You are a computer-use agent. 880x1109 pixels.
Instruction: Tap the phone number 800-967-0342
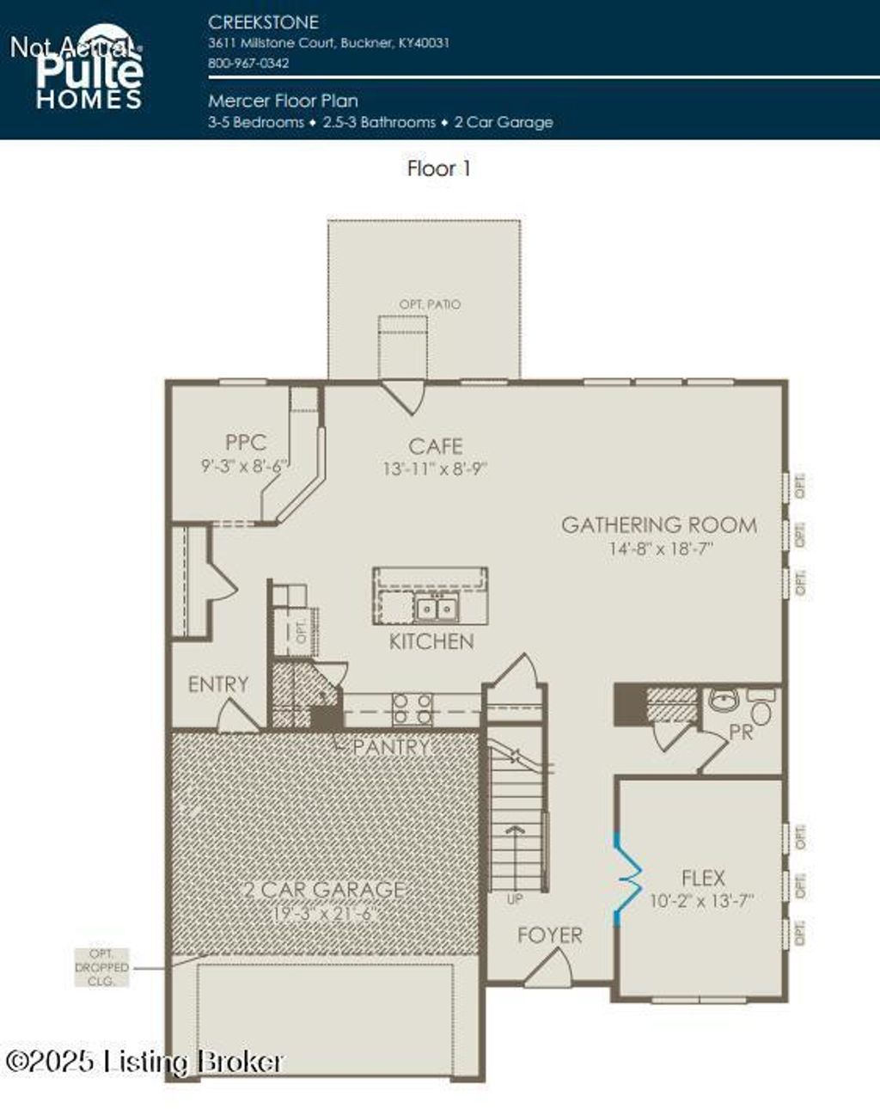coord(247,63)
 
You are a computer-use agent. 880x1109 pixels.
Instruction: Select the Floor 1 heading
coord(438,168)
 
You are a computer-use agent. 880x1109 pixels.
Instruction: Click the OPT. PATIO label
coord(430,304)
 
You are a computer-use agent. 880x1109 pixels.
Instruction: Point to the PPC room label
coord(245,443)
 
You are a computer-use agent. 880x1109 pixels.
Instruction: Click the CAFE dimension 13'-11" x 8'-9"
coord(435,469)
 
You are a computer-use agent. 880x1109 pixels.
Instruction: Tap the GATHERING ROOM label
coord(659,525)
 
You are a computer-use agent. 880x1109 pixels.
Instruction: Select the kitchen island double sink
coord(437,609)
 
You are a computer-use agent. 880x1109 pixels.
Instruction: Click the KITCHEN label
coord(431,641)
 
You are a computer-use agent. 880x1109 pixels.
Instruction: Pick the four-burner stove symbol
coord(412,710)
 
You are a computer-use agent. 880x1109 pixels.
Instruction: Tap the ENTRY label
coord(217,684)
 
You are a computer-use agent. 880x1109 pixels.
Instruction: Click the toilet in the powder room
coord(761,710)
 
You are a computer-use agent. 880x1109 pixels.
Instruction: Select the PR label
coord(741,733)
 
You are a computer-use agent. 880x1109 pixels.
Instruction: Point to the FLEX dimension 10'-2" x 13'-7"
coord(701,901)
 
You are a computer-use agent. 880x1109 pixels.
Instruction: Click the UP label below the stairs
coord(515,899)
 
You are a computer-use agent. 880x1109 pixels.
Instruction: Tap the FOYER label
coord(549,935)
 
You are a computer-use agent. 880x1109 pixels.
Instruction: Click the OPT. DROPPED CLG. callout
coord(101,967)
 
